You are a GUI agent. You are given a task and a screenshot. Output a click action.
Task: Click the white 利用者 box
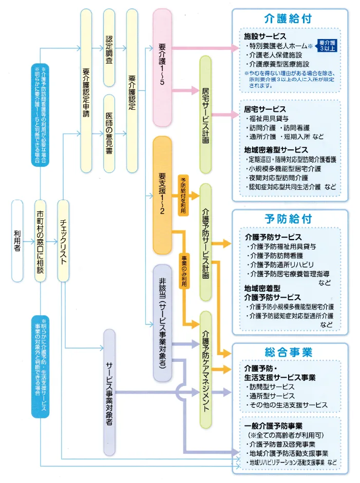coord(17,241)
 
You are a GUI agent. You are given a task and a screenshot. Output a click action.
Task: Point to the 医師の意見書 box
coord(109,133)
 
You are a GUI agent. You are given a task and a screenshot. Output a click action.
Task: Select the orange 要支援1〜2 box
coord(162,196)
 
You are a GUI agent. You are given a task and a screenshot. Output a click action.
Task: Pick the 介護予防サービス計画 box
coord(205,242)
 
